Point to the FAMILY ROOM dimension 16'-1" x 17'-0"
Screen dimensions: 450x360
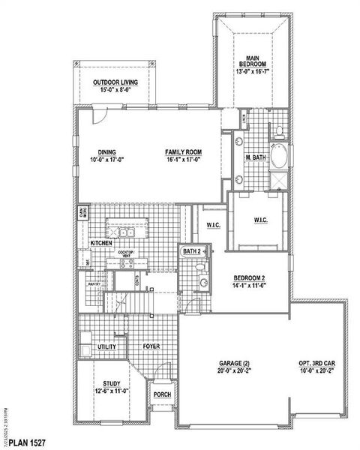(x=184, y=160)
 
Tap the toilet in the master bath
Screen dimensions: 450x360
(x=278, y=132)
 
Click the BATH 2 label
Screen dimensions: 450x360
(x=192, y=251)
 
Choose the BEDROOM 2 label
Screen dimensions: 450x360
(x=249, y=278)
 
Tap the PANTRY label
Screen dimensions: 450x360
(x=94, y=285)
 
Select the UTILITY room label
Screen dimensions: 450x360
(x=105, y=347)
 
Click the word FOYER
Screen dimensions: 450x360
(x=153, y=347)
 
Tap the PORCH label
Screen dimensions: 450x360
(x=161, y=393)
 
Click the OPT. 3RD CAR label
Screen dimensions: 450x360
(x=316, y=364)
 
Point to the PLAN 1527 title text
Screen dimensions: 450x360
(x=28, y=444)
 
